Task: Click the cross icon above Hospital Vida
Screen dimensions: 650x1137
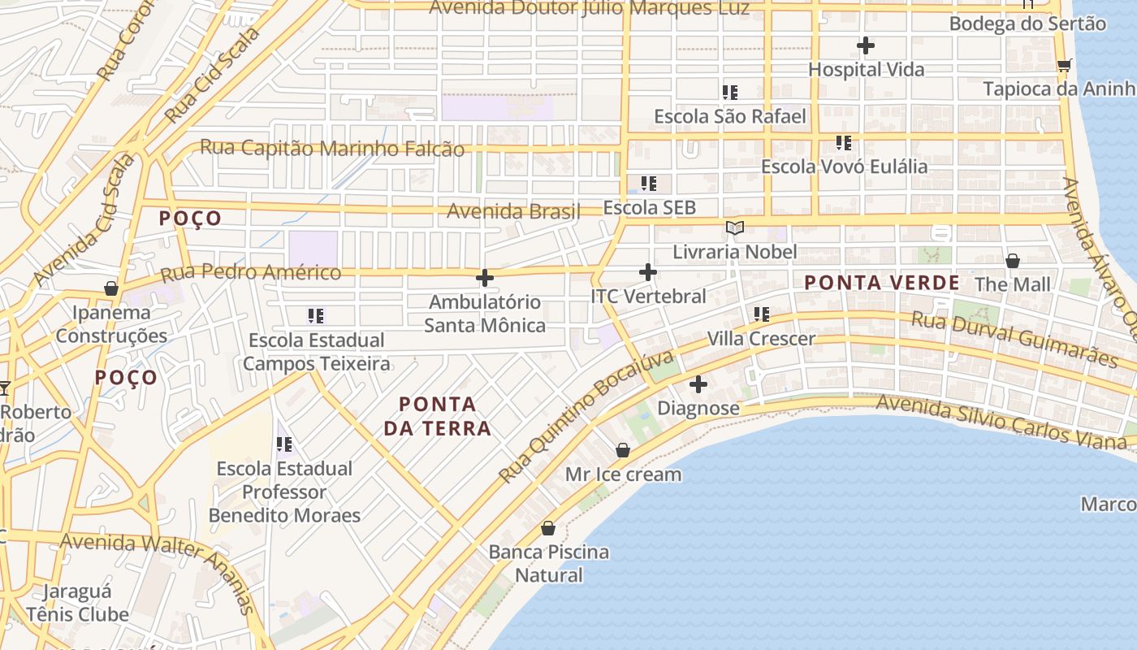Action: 866,45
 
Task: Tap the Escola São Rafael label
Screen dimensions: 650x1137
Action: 729,116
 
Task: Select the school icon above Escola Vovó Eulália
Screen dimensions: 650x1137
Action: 844,143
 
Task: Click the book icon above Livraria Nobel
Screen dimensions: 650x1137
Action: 735,228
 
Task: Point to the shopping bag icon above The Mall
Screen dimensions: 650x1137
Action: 1013,261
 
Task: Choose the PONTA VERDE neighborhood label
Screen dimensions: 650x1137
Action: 882,283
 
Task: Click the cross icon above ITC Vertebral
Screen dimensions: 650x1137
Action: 647,272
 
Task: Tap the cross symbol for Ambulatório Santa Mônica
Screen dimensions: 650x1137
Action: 485,278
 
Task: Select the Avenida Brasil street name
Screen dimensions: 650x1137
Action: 513,211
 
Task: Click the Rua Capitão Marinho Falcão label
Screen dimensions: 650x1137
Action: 332,149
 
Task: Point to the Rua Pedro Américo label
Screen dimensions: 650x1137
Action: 249,272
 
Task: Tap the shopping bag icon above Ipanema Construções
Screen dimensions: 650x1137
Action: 111,288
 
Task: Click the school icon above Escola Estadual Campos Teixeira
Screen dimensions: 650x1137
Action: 316,315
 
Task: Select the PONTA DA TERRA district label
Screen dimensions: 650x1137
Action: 437,416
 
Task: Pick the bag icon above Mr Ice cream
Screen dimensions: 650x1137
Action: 623,450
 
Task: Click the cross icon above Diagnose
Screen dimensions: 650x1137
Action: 698,384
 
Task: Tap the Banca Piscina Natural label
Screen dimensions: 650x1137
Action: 549,563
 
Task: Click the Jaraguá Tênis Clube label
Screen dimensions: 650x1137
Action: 77,603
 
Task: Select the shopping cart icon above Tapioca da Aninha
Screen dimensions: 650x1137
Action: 1064,65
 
